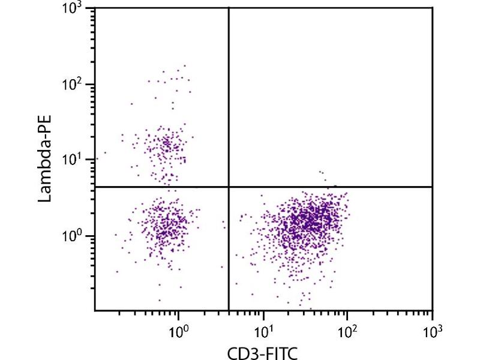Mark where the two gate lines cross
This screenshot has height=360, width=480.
(229, 187)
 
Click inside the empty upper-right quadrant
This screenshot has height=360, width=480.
(330, 96)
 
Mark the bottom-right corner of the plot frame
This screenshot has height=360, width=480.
(432, 311)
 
